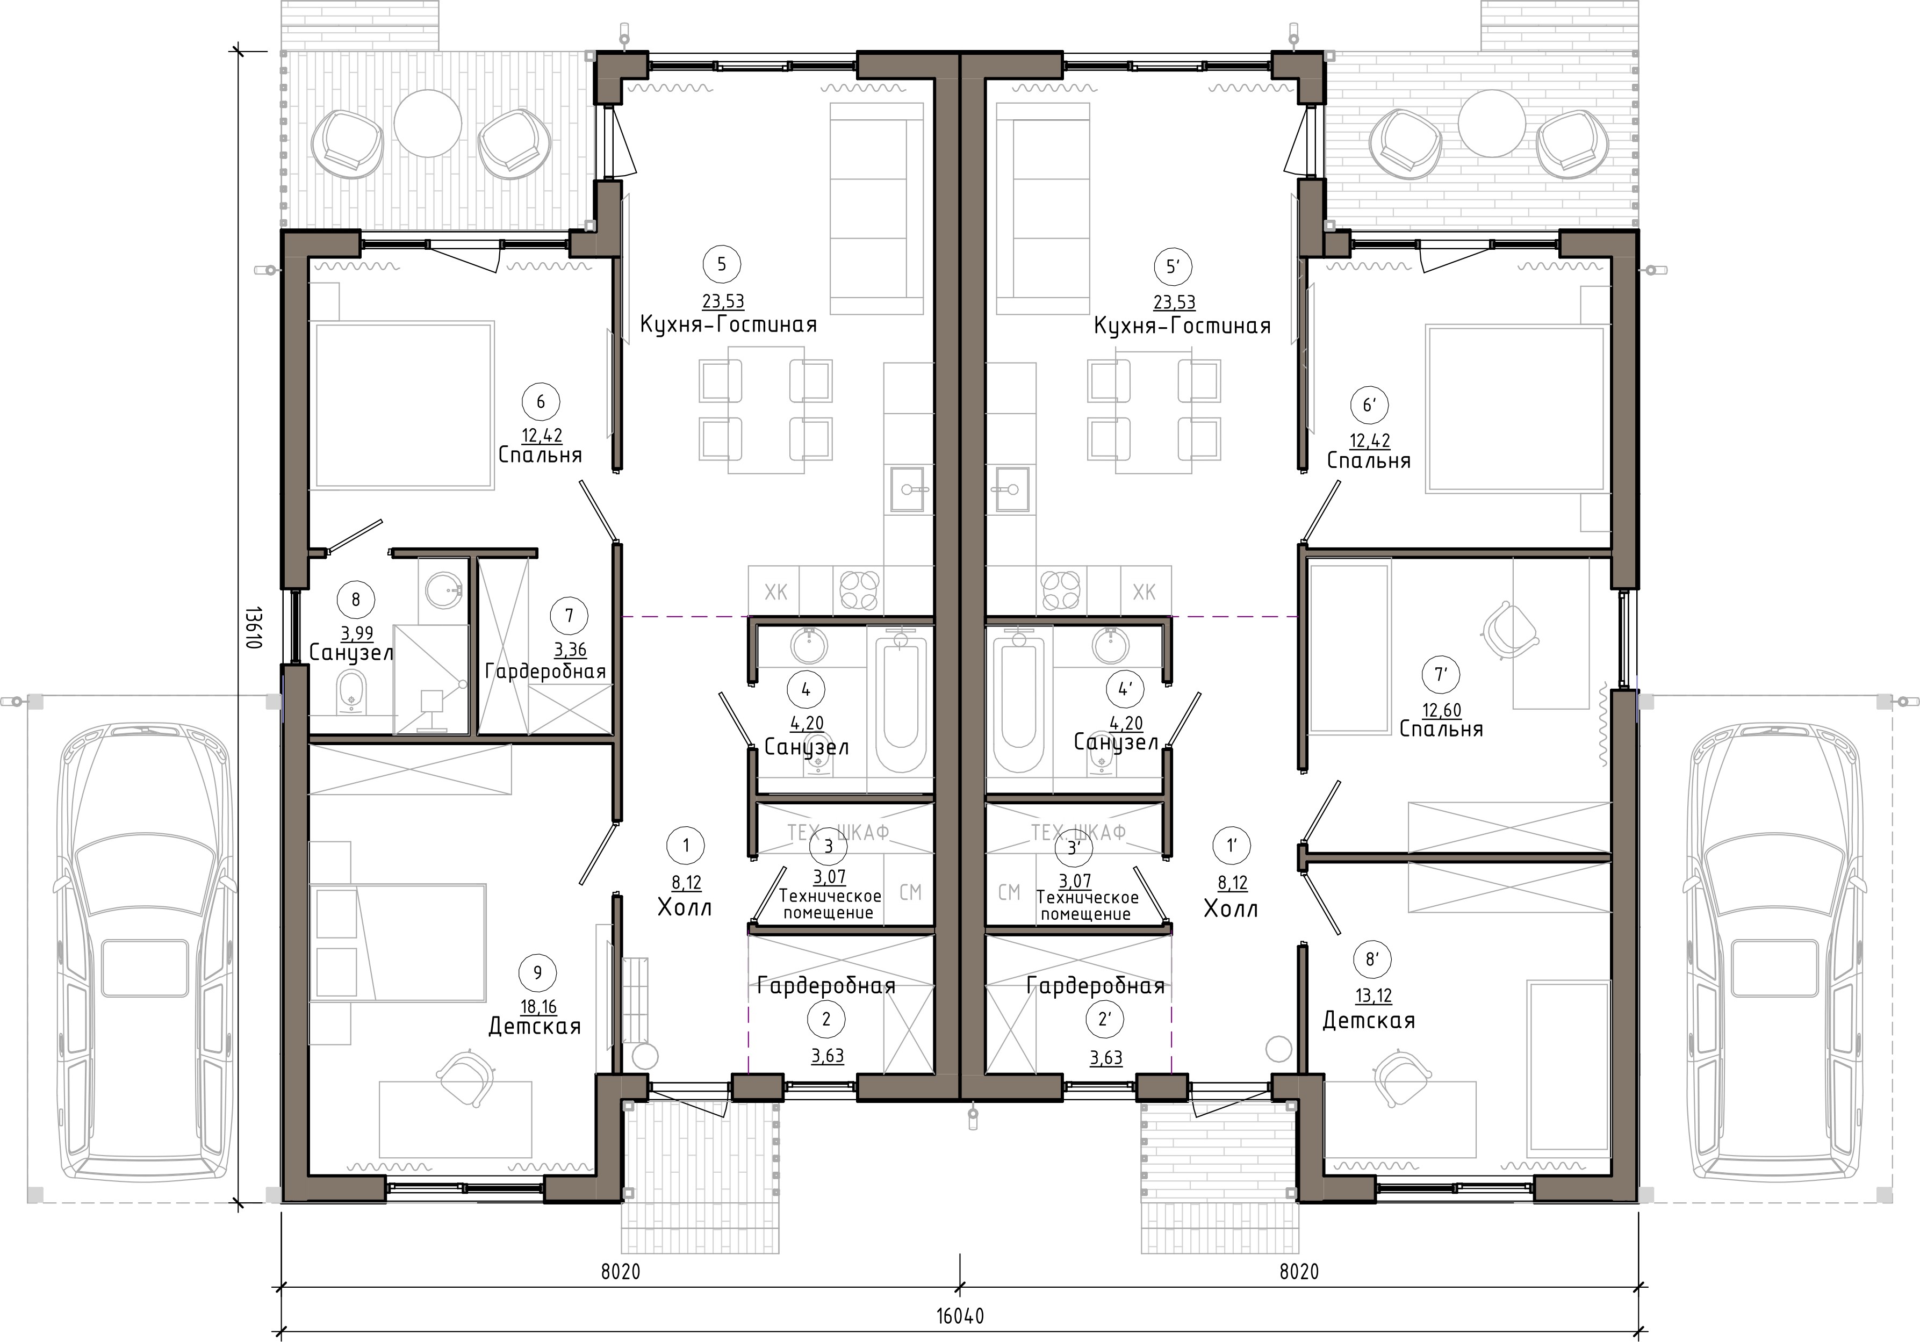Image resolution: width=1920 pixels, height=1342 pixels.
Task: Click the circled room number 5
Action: point(722,264)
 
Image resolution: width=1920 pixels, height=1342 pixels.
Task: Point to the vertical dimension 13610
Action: point(254,628)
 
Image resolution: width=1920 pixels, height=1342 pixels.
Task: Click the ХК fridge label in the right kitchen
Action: point(1144,592)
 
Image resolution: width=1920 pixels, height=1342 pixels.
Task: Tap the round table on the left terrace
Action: point(427,123)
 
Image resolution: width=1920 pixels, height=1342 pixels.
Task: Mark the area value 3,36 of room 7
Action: point(570,650)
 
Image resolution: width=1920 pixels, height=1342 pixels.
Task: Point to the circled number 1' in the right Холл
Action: point(1231,846)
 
